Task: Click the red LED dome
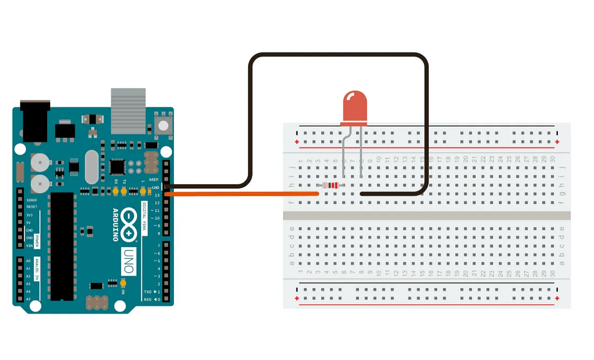click(x=355, y=106)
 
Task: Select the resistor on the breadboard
click(x=332, y=186)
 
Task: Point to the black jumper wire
click(x=337, y=54)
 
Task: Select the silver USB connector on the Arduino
click(x=129, y=111)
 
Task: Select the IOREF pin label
click(x=32, y=200)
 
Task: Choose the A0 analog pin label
click(x=28, y=261)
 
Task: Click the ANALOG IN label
click(x=37, y=270)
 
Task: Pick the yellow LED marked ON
click(x=124, y=282)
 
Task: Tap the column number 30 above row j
click(x=552, y=160)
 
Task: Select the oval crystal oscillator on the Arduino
click(x=91, y=167)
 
